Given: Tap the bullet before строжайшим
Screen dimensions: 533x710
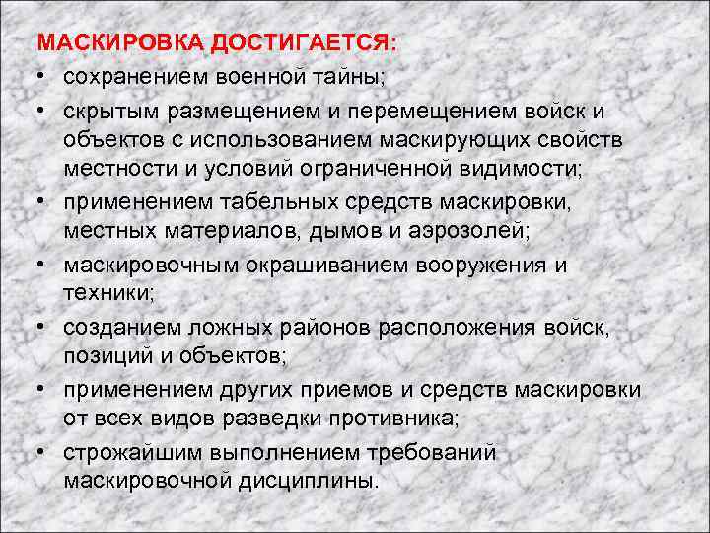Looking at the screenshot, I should click(x=43, y=453).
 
